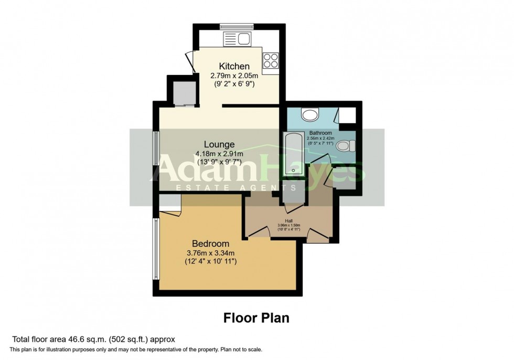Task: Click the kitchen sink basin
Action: coord(243,38)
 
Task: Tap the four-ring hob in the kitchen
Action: coord(270,61)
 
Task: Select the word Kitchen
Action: coord(233,66)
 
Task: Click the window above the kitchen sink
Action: coord(236,26)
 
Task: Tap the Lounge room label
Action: coord(220,144)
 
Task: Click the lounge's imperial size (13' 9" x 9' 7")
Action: coord(220,162)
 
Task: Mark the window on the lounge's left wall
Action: coord(155,150)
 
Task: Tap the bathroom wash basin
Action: coord(309,115)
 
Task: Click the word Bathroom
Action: coord(320,133)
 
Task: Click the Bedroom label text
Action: coord(211,243)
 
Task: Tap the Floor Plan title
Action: coord(256,317)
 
